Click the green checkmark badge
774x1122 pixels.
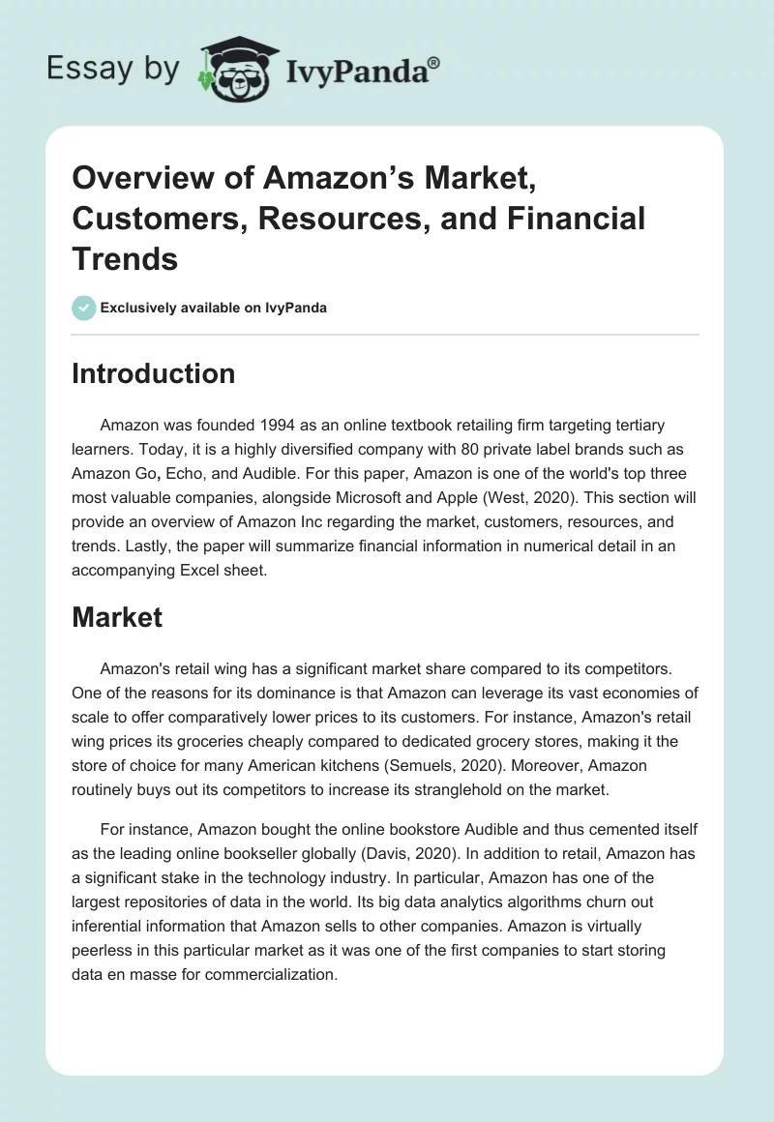point(83,308)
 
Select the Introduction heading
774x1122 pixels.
point(153,373)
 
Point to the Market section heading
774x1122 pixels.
point(117,617)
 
